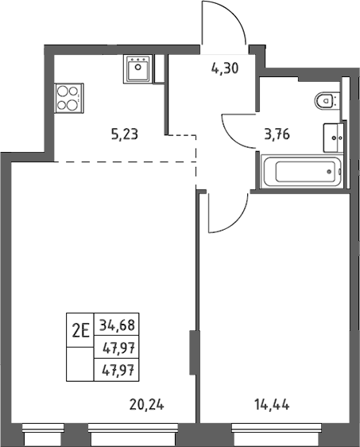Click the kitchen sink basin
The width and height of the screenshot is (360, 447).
tap(138, 69)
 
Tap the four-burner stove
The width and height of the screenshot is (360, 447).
tap(69, 98)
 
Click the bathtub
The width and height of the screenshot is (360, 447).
tap(302, 171)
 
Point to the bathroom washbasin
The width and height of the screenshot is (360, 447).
tap(333, 138)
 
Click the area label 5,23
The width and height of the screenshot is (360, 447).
tap(125, 134)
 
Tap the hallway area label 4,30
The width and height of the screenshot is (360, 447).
tap(225, 68)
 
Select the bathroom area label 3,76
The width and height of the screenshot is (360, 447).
tap(277, 134)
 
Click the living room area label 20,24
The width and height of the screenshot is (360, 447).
tap(147, 404)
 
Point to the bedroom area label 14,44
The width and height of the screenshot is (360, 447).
tap(272, 405)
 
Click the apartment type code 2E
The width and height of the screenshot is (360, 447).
tap(81, 331)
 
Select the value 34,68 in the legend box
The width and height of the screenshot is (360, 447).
tap(117, 325)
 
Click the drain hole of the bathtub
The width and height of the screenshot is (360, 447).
tap(329, 172)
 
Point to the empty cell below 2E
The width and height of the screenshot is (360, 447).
tap(80, 364)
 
